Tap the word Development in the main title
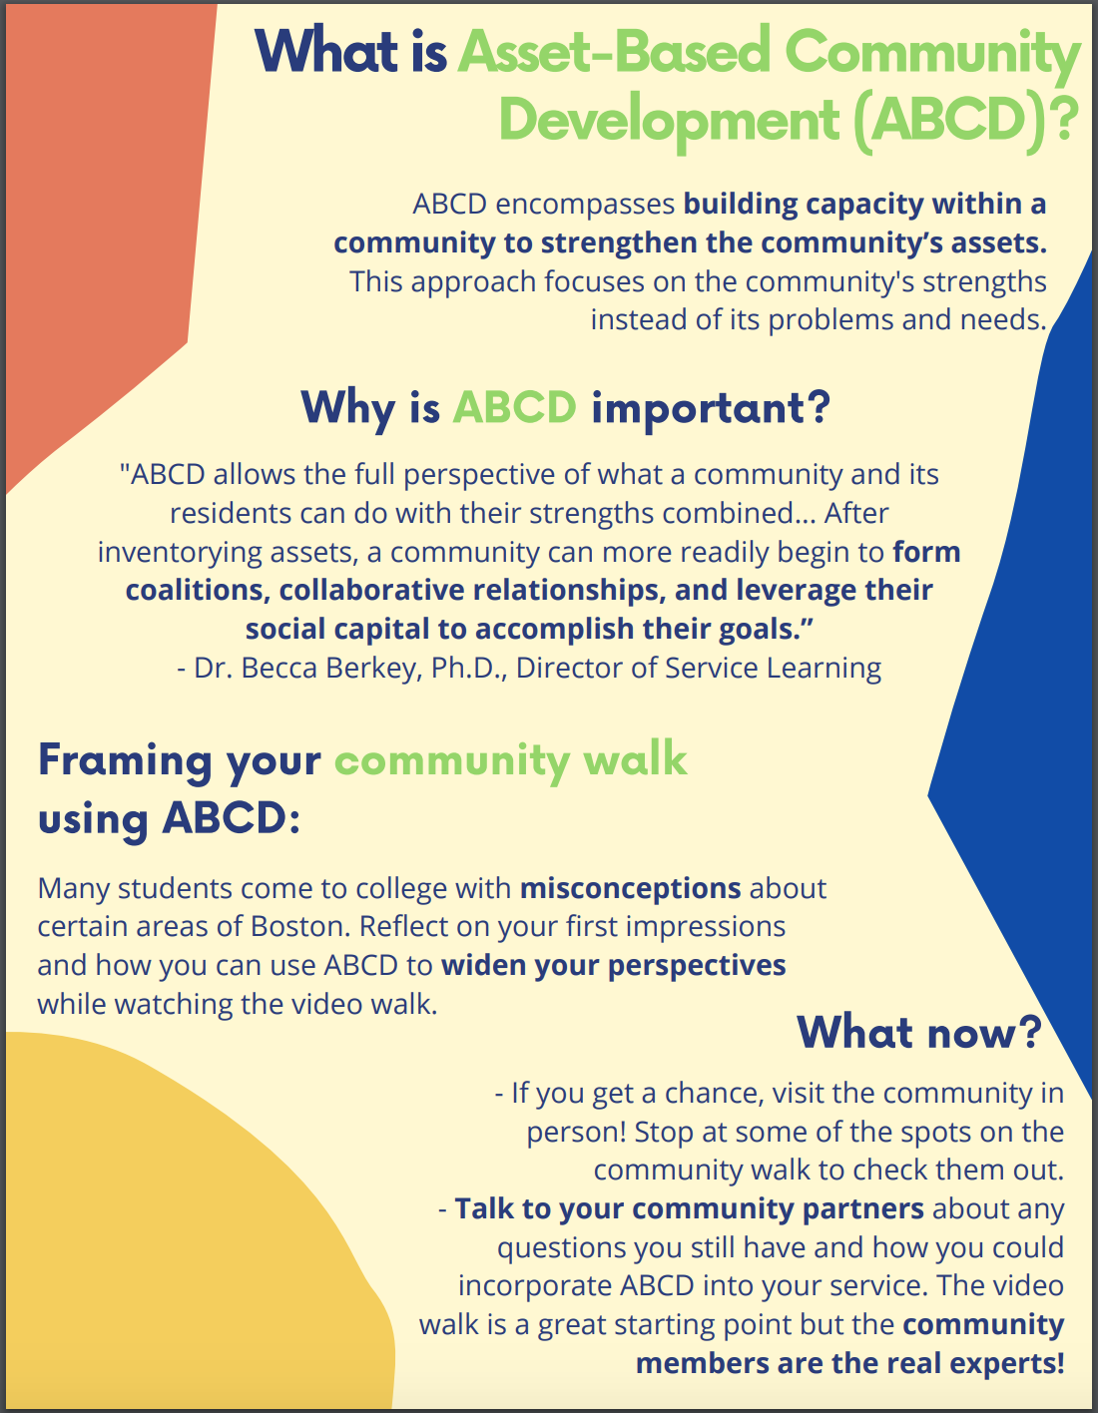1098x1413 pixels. (x=669, y=122)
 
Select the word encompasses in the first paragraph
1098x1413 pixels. (x=585, y=205)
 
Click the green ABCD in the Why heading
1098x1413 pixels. (x=514, y=408)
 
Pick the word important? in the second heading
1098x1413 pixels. (x=711, y=409)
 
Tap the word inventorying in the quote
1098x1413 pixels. (x=180, y=553)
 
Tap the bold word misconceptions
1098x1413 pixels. (x=630, y=888)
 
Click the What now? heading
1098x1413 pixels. (x=919, y=1032)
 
